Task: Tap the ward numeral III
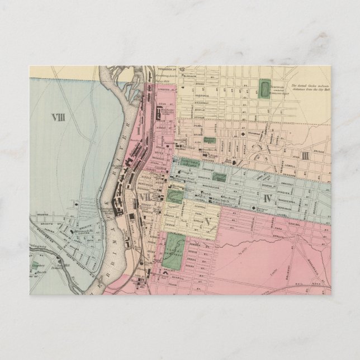(305, 155)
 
